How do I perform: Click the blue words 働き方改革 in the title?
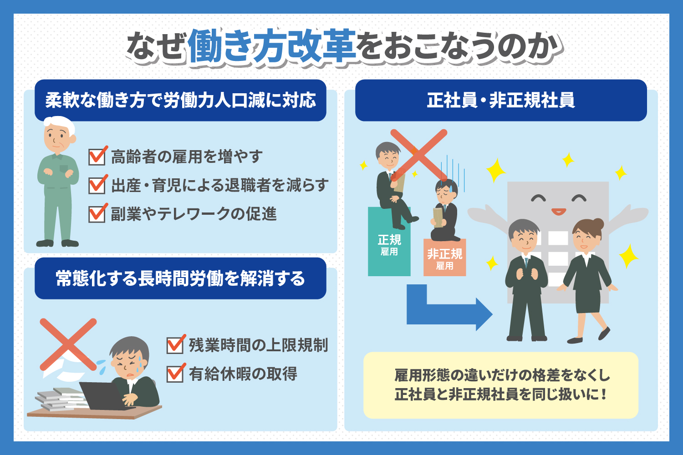(x=272, y=45)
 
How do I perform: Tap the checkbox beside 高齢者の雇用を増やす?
(x=97, y=157)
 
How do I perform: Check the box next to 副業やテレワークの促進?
(x=97, y=214)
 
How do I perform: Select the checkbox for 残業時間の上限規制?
(x=175, y=345)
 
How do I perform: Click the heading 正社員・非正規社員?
(x=501, y=100)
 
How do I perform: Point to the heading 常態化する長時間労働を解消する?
(x=180, y=278)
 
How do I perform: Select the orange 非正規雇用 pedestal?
(x=444, y=258)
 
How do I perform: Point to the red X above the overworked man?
(x=68, y=344)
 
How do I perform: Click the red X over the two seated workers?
(x=419, y=155)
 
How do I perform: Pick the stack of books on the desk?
(x=61, y=399)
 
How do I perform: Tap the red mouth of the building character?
(x=559, y=211)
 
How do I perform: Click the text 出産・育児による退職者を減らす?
(x=219, y=185)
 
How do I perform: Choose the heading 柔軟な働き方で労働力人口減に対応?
(x=180, y=100)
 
